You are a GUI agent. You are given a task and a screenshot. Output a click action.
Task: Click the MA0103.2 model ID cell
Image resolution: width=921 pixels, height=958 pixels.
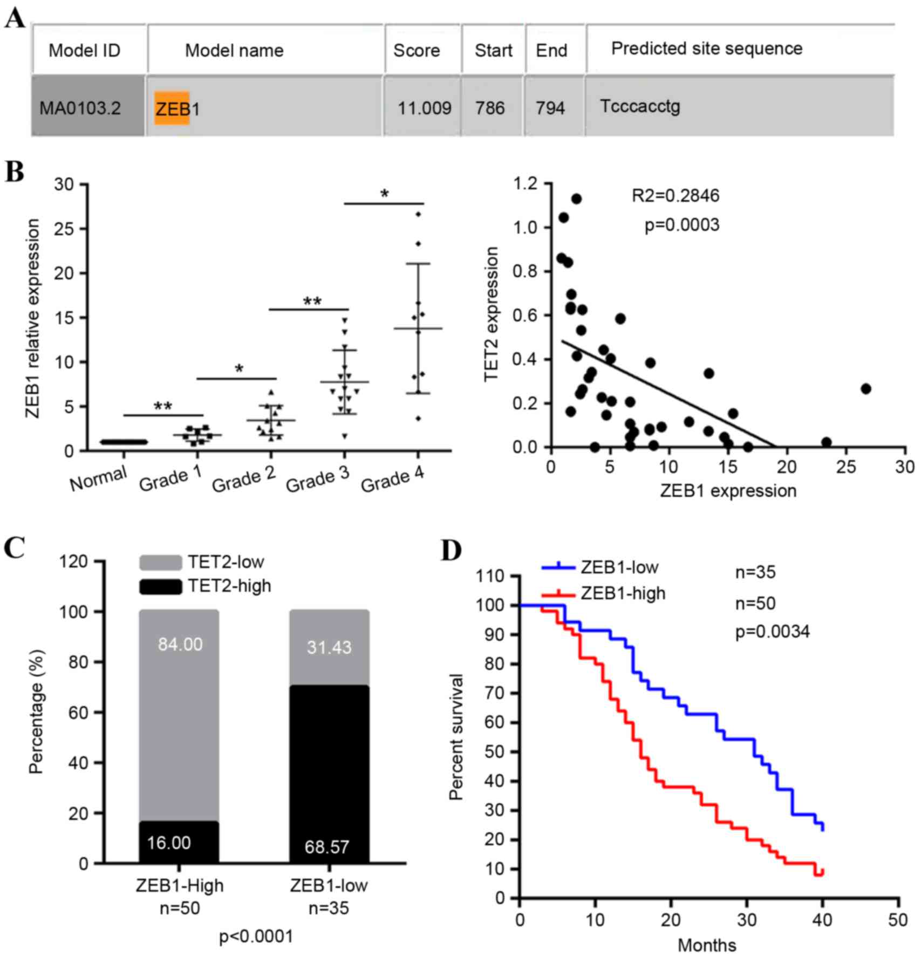[80, 108]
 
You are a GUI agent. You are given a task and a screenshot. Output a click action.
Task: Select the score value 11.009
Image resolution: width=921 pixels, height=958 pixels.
[424, 108]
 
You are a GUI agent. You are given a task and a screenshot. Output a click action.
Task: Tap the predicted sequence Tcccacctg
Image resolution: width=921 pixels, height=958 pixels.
[640, 106]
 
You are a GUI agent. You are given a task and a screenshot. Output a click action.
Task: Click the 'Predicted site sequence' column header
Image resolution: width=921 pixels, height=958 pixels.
[706, 49]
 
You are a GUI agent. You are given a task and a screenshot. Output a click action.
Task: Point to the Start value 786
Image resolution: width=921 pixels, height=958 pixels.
[490, 108]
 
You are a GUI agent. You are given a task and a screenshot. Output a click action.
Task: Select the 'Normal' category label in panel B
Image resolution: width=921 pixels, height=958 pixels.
[98, 478]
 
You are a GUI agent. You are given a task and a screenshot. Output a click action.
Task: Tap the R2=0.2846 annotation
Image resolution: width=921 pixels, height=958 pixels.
[676, 196]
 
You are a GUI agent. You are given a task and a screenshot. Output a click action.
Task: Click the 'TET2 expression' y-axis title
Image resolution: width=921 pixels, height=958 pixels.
[491, 314]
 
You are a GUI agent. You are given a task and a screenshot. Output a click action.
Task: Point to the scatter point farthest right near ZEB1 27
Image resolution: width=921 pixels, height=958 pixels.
[866, 388]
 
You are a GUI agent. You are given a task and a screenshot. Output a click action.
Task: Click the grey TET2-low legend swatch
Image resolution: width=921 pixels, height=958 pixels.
[160, 563]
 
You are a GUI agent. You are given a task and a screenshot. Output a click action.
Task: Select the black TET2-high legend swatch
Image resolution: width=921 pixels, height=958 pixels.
[160, 586]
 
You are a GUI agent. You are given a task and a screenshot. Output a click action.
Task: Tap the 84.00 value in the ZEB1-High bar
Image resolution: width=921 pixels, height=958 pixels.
[180, 644]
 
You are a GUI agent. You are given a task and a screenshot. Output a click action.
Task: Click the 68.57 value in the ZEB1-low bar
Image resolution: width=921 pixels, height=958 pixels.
[327, 847]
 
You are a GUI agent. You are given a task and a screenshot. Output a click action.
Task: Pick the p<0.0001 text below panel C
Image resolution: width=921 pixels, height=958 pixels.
[256, 936]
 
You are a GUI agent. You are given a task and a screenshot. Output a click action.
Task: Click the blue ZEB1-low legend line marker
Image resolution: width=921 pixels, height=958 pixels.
[558, 567]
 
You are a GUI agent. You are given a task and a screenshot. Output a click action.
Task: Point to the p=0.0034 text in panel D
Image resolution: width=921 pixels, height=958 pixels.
[773, 632]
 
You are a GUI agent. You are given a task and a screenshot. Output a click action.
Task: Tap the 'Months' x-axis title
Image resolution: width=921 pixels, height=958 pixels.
[707, 945]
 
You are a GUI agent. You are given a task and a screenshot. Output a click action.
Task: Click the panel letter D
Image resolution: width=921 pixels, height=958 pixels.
[452, 551]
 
